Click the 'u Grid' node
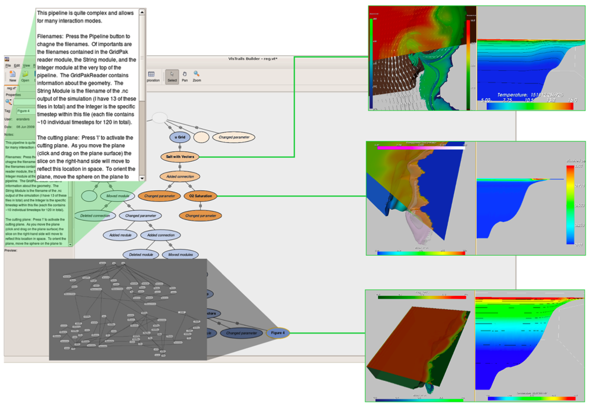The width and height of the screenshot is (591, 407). (180, 137)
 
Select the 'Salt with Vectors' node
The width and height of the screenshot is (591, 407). (180, 156)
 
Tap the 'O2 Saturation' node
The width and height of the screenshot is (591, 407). (200, 196)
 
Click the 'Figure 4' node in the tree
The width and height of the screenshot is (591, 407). (278, 333)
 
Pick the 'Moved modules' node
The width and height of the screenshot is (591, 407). (181, 255)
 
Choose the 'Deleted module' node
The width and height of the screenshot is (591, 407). (141, 255)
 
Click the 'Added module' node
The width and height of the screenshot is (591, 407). (120, 235)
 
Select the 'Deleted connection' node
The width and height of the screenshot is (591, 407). (95, 216)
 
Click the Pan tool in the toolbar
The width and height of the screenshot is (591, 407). (184, 76)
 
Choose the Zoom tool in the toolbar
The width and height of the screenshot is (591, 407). (197, 76)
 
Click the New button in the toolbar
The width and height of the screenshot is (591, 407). (13, 76)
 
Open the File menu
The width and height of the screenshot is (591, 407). (8, 65)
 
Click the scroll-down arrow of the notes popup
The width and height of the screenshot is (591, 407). (142, 178)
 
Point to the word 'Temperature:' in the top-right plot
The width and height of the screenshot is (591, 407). (512, 95)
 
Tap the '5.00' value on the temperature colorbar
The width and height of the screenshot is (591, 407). (486, 99)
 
